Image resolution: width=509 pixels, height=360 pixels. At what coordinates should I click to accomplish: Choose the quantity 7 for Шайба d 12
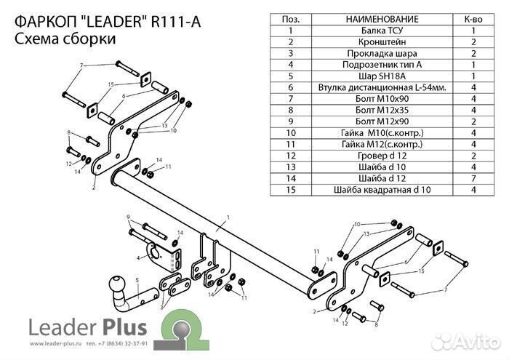[473, 177]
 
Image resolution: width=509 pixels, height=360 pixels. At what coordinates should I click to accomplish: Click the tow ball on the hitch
[117, 283]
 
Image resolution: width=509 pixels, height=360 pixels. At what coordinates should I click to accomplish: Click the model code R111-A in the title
[174, 22]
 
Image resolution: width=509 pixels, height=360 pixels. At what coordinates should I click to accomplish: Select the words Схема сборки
[63, 39]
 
